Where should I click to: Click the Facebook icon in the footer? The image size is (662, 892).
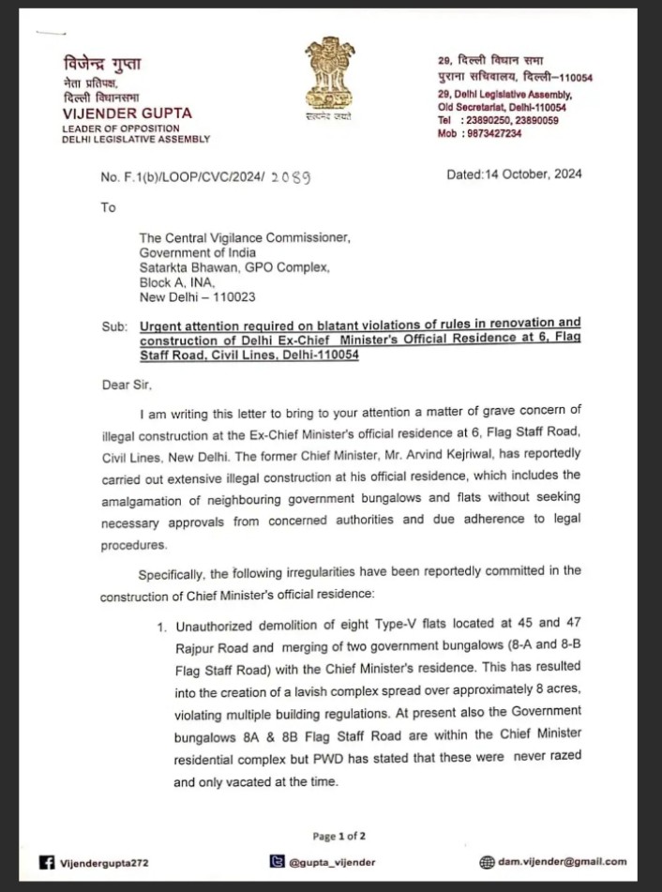46,862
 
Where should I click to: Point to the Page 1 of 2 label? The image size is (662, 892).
339,836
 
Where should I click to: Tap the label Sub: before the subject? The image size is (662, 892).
113,326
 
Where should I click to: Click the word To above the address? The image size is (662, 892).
108,207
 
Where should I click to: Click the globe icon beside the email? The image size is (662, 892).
487,861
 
